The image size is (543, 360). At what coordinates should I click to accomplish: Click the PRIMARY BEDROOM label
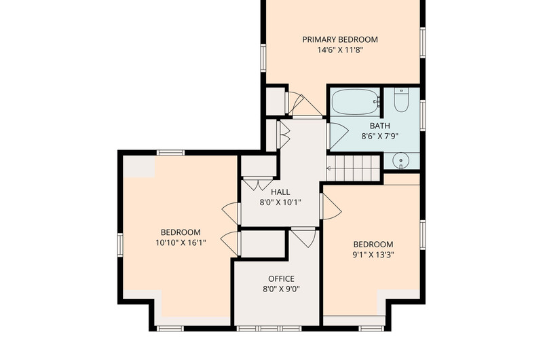(x=340, y=39)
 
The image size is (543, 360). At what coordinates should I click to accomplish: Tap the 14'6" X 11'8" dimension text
(x=340, y=50)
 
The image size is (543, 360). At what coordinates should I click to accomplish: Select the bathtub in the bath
(x=356, y=102)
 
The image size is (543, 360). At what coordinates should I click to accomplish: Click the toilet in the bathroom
(x=401, y=100)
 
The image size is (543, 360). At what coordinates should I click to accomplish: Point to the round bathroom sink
(x=401, y=161)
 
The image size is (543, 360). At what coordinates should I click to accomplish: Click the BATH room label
(x=379, y=126)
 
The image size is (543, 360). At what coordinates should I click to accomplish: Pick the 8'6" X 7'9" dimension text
(x=380, y=136)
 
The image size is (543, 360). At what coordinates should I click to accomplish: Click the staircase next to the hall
(x=353, y=168)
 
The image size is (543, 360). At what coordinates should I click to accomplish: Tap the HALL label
(x=280, y=192)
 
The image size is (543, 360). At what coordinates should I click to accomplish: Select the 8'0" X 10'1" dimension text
(x=280, y=202)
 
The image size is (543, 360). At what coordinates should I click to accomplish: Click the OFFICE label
(x=281, y=279)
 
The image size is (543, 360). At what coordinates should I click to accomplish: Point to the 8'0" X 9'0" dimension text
(x=281, y=289)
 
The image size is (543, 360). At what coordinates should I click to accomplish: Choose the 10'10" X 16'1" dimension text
(x=181, y=242)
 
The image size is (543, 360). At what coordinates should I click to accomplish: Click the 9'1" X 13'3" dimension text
(x=373, y=255)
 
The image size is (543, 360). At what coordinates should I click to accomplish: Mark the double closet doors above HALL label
(x=258, y=183)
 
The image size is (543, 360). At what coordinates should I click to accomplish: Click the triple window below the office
(x=269, y=328)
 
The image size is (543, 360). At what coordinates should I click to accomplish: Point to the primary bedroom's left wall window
(x=263, y=58)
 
